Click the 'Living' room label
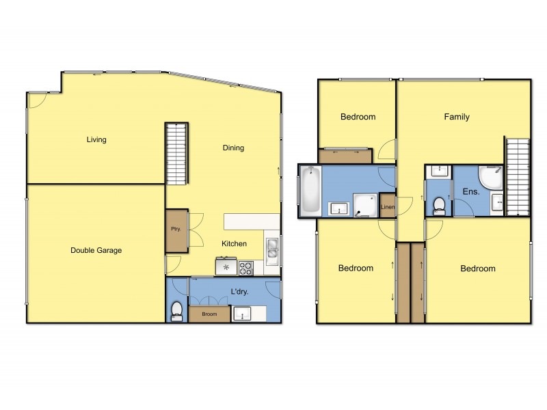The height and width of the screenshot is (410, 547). pyautogui.click(x=96, y=140)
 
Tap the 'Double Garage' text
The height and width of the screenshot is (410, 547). pyautogui.click(x=96, y=250)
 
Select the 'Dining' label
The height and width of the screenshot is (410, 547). pyautogui.click(x=233, y=148)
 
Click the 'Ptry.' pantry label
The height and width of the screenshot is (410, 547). pyautogui.click(x=176, y=230)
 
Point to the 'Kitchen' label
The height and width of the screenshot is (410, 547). pyautogui.click(x=234, y=243)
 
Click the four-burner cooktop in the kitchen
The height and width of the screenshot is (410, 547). pyautogui.click(x=245, y=267)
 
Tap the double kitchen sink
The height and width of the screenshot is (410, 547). pyautogui.click(x=272, y=250)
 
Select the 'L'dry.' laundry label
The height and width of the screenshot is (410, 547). pyautogui.click(x=239, y=292)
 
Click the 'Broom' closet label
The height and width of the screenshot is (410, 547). pyautogui.click(x=209, y=314)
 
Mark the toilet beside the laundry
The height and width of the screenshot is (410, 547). pyautogui.click(x=176, y=311)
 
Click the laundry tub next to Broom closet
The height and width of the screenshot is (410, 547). pyautogui.click(x=242, y=314)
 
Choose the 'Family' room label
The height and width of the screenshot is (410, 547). pyautogui.click(x=457, y=117)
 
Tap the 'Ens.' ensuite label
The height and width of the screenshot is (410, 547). pyautogui.click(x=471, y=192)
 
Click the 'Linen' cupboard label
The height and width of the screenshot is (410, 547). pyautogui.click(x=388, y=207)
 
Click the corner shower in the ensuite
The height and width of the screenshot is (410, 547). pyautogui.click(x=491, y=178)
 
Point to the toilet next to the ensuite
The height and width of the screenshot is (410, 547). pyautogui.click(x=438, y=204)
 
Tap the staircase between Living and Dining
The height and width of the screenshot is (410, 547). pyautogui.click(x=176, y=154)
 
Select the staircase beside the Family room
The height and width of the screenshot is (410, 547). pyautogui.click(x=518, y=176)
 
